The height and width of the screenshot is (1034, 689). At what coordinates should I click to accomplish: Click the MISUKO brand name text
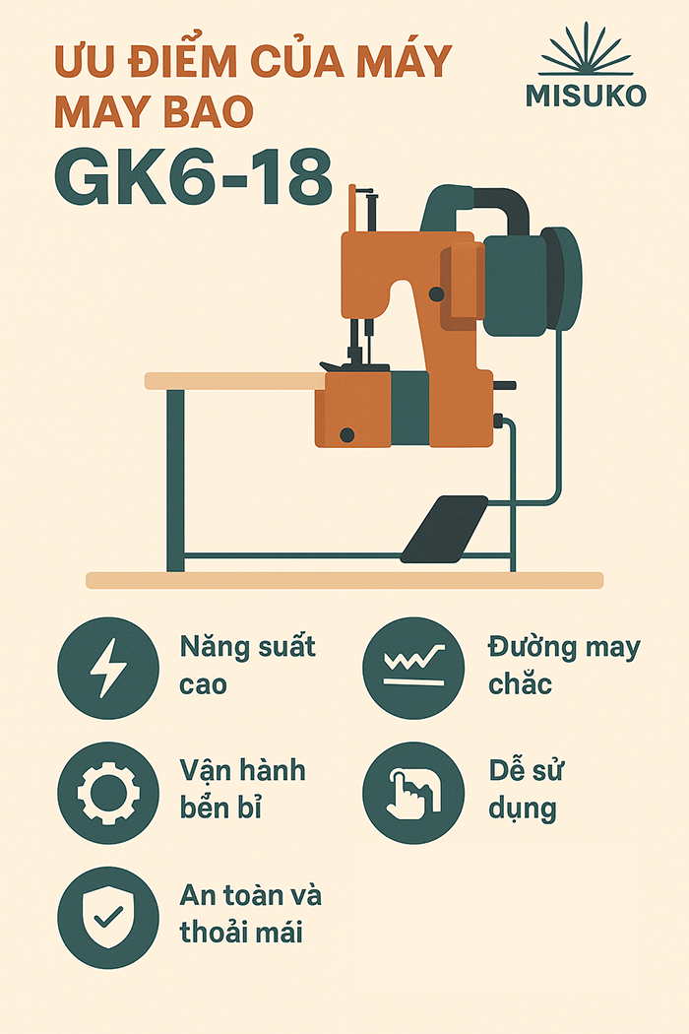coord(586,96)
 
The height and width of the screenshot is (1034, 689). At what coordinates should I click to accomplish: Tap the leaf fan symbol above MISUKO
coord(586,49)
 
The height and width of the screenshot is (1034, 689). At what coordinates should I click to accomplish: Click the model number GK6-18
coord(193,177)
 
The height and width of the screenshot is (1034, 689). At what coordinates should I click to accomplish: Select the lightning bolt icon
coord(108,668)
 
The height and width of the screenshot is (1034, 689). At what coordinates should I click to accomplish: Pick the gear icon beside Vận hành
coord(108,793)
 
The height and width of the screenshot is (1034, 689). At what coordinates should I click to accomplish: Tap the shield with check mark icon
coord(108,917)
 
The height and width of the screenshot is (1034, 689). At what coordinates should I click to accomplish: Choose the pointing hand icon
coord(413,793)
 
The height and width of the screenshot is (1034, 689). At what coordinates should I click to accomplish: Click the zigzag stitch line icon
coord(414,666)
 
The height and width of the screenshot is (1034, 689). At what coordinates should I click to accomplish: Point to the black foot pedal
coord(444,529)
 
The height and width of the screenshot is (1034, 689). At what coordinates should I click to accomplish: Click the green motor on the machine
coord(532,281)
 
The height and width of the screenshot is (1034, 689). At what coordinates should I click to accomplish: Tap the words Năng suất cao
coord(247,665)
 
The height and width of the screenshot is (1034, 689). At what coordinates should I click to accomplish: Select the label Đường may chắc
coord(564,665)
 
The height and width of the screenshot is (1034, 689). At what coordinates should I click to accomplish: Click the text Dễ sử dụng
coord(526,790)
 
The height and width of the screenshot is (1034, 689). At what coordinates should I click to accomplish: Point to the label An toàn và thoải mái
coord(251,913)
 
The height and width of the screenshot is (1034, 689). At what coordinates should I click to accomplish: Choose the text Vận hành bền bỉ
coord(243,789)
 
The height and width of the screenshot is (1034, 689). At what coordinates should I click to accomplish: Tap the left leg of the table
coord(175,481)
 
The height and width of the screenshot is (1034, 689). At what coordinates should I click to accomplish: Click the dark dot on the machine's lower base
coord(346,434)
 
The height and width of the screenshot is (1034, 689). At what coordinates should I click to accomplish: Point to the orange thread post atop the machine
coord(352,209)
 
